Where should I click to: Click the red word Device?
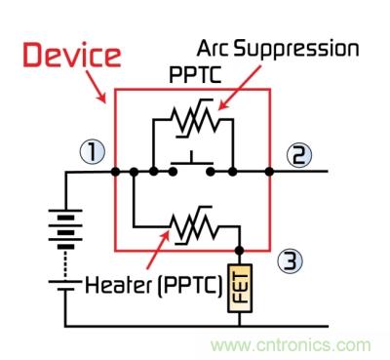pos(72,56)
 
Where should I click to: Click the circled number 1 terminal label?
pos(93,152)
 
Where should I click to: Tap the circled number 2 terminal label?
pos(299,155)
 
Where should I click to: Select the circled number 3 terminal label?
pos(291,260)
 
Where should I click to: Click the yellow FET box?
pos(240,288)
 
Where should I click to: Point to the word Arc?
pos(213,48)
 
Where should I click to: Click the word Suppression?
pos(296,50)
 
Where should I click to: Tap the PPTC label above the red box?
pos(195,75)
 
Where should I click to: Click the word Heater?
pos(118,285)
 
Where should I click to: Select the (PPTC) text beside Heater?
pos(190,286)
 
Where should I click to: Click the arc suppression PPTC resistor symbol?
pos(195,118)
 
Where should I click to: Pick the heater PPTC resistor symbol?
pos(195,224)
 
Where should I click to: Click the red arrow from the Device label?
pos(97,86)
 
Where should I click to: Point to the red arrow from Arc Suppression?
pos(240,88)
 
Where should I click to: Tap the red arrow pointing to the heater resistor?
pos(158,248)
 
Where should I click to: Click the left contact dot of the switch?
pos(173,172)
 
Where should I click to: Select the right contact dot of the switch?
pos(211,172)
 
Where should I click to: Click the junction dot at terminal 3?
pos(240,251)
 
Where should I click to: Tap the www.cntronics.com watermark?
pos(291,344)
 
